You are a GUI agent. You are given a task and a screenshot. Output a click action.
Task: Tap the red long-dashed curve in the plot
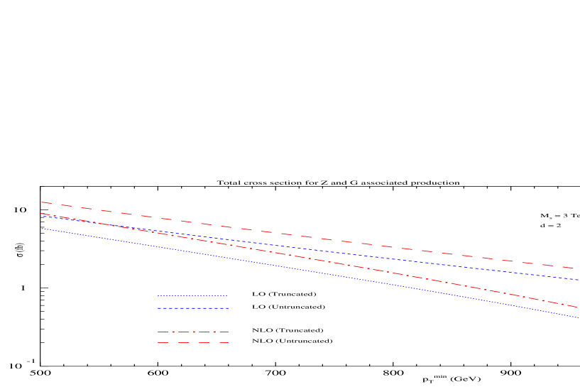pos(284,234)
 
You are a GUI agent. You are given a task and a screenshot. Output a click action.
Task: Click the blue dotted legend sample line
pos(192,296)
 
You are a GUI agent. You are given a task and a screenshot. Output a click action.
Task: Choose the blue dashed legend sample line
pos(192,308)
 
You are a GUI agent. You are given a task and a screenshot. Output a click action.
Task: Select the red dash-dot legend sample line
pos(183,332)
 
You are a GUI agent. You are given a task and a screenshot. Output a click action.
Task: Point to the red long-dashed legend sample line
pos(183,343)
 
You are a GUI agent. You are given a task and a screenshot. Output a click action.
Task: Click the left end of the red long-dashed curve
pos(41,202)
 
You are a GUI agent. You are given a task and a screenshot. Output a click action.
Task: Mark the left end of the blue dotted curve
pos(41,229)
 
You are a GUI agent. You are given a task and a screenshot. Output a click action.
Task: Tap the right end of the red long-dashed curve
pos(574,268)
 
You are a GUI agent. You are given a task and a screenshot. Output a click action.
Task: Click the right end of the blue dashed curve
pos(579,280)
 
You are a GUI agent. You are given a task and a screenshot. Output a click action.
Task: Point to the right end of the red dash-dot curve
pos(579,307)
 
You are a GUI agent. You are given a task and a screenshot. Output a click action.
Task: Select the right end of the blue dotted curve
pos(579,317)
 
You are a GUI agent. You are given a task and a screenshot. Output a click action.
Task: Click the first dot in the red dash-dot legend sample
pos(173,332)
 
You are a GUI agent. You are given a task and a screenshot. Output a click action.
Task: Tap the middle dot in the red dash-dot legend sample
pos(194,332)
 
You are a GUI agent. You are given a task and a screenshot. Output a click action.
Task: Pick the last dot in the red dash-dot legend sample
pos(214,332)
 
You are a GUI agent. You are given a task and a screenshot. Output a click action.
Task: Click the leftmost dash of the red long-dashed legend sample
pos(163,343)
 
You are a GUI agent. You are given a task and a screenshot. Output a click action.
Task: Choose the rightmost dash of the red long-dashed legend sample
pos(224,343)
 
